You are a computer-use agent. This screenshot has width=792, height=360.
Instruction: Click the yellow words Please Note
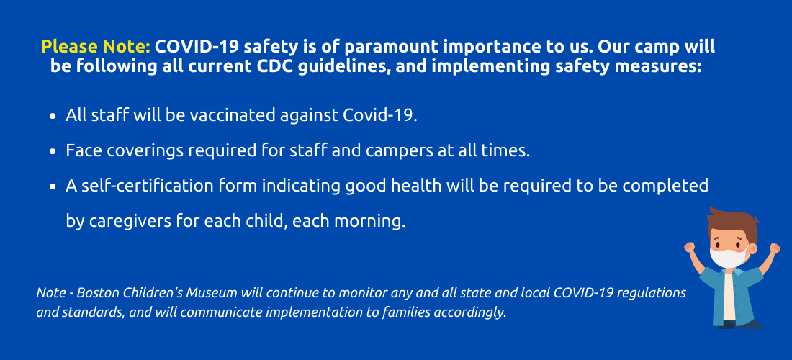tap(96, 47)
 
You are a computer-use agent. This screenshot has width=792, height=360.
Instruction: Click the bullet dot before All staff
tap(53, 116)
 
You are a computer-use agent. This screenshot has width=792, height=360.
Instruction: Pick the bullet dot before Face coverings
tap(53, 151)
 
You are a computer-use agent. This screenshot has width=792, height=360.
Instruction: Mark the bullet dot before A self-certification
tap(53, 186)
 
